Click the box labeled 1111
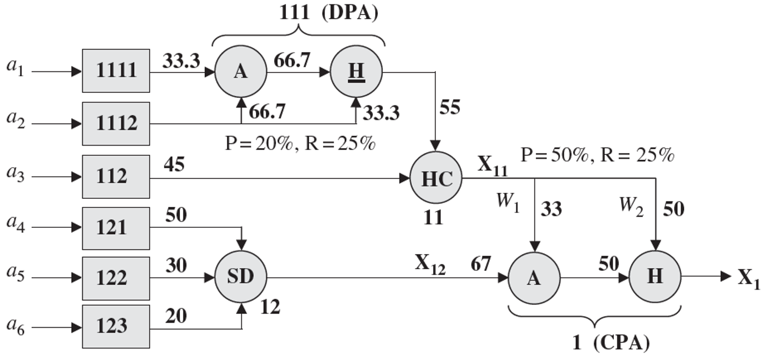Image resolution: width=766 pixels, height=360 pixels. (116, 71)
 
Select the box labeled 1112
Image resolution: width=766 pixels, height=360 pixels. (116, 124)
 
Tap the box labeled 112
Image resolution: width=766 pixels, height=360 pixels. (116, 176)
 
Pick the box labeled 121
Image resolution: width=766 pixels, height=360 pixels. (116, 227)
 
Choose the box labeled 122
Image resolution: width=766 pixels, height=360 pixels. (116, 278)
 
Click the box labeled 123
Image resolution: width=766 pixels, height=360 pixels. (116, 326)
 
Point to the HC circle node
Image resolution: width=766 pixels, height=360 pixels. (436, 179)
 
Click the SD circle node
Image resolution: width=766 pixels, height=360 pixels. (241, 278)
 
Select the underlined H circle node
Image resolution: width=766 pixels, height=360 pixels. (355, 71)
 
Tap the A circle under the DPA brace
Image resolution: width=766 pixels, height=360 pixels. (240, 71)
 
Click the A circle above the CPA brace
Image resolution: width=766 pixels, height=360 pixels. (534, 278)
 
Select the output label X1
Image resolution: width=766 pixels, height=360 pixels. (748, 278)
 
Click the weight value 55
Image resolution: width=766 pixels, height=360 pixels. (449, 108)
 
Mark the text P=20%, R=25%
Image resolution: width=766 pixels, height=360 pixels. (300, 145)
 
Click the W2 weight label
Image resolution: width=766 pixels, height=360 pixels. (632, 204)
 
